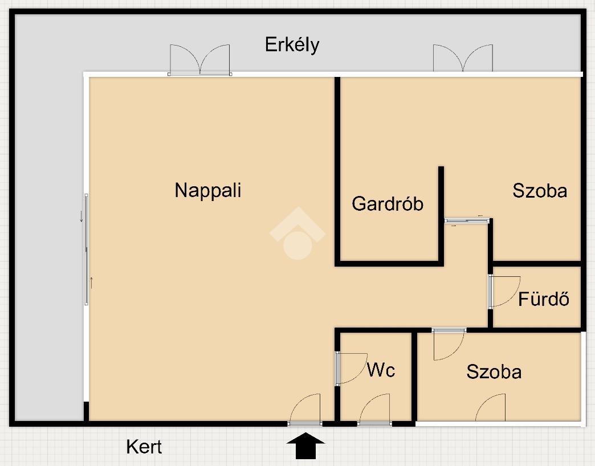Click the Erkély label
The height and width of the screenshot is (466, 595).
292,44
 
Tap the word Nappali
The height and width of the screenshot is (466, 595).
207,190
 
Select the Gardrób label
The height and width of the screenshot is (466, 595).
388,203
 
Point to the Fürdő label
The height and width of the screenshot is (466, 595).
544,299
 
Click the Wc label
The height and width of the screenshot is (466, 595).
381,370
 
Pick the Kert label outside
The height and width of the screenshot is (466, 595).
144,447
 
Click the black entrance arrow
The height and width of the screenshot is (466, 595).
306,445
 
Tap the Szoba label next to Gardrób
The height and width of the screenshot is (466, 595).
540,190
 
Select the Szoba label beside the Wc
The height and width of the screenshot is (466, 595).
494,372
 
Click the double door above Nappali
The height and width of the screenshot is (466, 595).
199,60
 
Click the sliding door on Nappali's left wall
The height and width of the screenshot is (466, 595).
87,249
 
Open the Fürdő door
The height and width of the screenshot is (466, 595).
504,292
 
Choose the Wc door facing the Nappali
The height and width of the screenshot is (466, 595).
350,369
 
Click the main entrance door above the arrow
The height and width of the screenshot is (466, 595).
305,410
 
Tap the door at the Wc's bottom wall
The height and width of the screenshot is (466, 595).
375,410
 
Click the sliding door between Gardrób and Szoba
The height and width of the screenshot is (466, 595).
467,221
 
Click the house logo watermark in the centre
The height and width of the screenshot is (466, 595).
297,235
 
